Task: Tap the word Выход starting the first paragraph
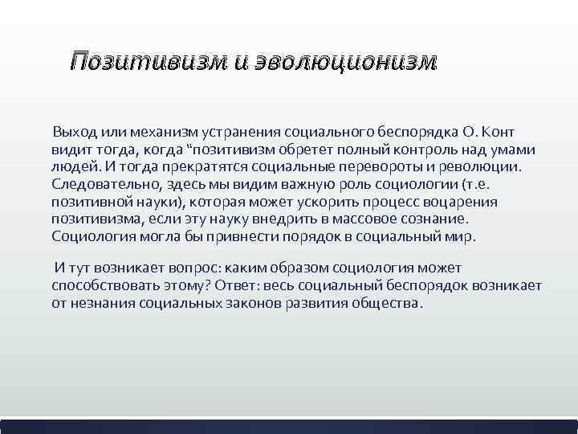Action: [73, 133]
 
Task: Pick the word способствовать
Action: [105, 287]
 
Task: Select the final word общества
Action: [386, 305]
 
